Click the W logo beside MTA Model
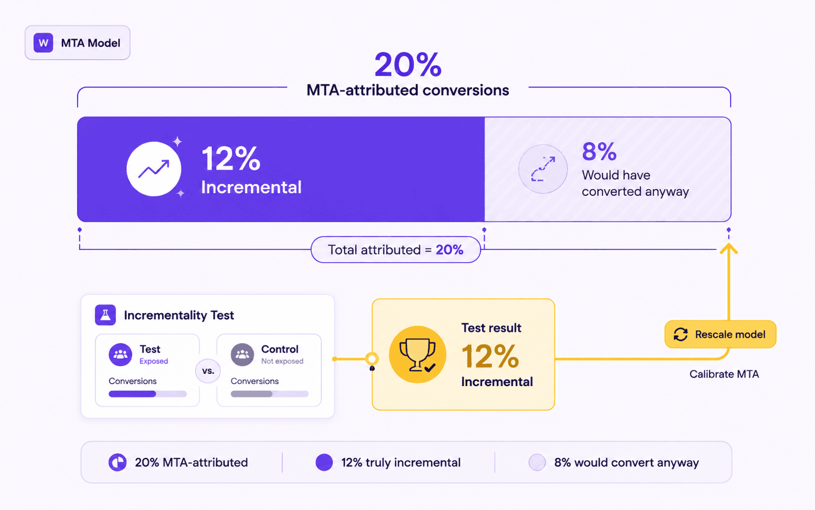(x=43, y=43)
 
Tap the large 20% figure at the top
(x=408, y=64)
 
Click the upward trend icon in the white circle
(x=154, y=169)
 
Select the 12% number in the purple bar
(x=231, y=158)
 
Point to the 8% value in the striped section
(x=599, y=152)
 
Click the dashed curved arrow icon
(x=543, y=169)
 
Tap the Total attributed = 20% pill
(x=396, y=250)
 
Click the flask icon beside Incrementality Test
(x=105, y=315)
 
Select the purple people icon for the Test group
(x=120, y=354)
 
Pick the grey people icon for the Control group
(x=243, y=354)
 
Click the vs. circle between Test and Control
(x=208, y=371)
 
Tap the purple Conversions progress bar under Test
(x=147, y=394)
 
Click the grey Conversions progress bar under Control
(x=270, y=394)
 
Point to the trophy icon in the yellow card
(x=417, y=355)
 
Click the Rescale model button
(x=720, y=334)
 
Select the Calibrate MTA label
(x=724, y=374)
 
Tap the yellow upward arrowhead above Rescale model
(x=729, y=248)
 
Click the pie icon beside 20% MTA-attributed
(x=118, y=462)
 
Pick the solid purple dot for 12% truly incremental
(x=324, y=462)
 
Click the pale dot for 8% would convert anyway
(x=537, y=462)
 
